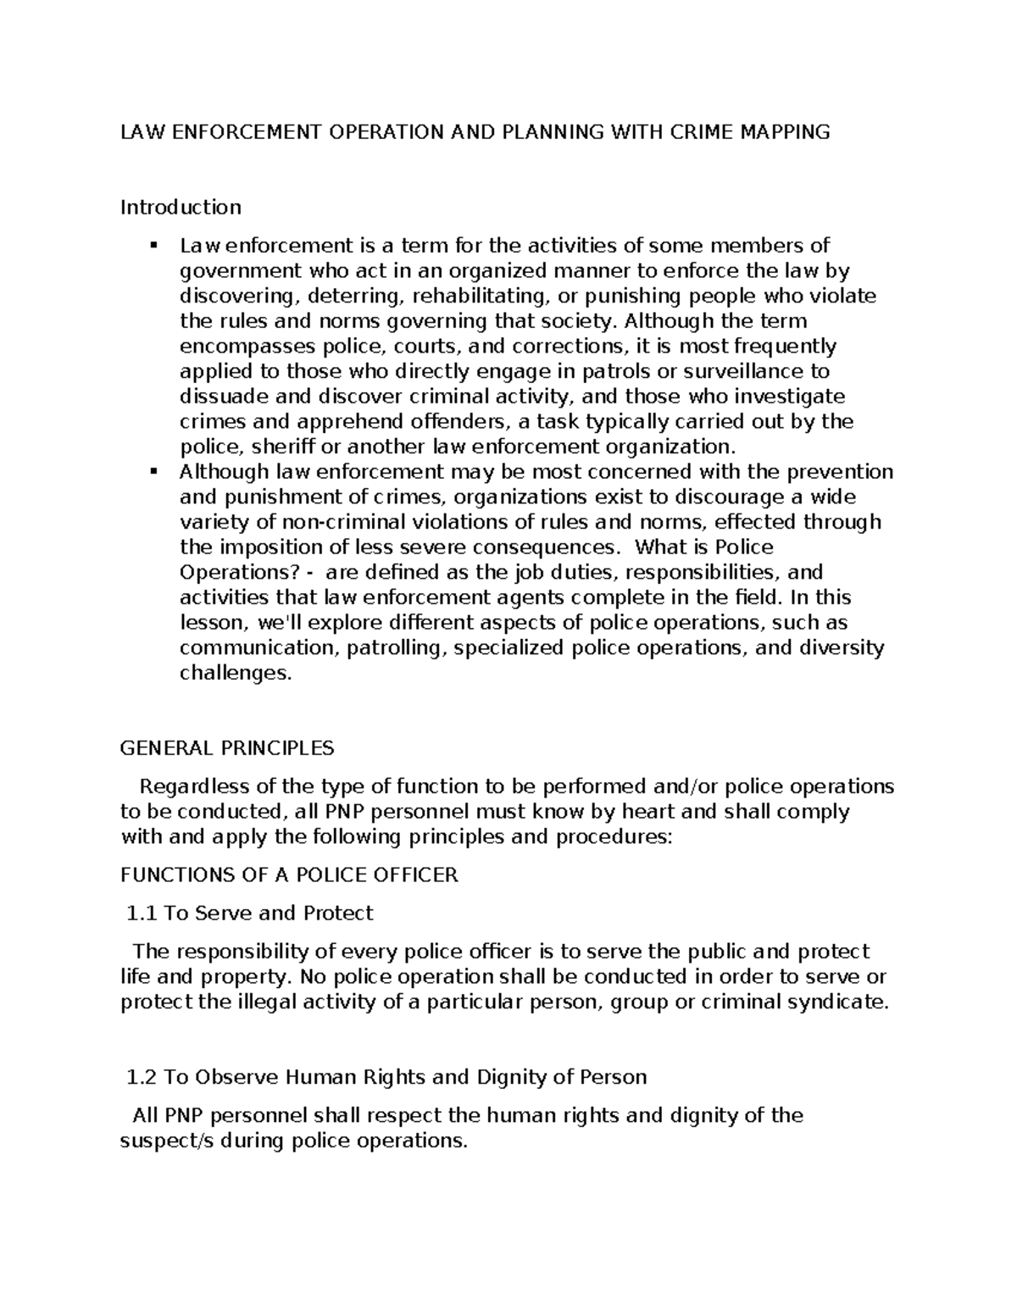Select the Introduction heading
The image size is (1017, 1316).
[x=181, y=207]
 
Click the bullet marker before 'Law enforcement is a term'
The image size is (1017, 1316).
[x=153, y=246]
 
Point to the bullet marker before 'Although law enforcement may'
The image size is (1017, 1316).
[x=153, y=471]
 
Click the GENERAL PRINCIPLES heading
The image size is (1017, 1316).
[x=227, y=748]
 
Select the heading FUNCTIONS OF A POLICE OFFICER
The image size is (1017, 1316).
[x=289, y=875]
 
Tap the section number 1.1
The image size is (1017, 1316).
[x=141, y=913]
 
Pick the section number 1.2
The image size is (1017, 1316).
[x=141, y=1077]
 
